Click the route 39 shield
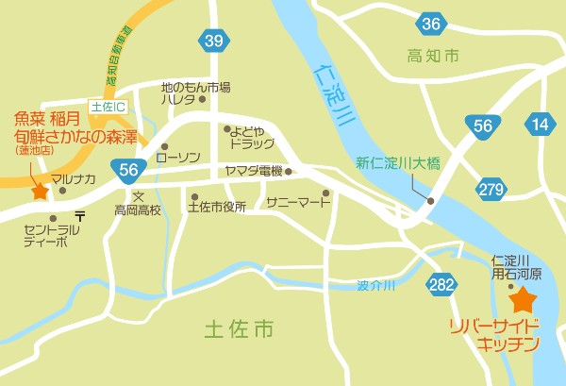[213, 40]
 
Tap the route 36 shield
[432, 25]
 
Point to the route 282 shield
[441, 287]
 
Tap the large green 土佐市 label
[240, 329]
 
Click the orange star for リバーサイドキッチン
[523, 302]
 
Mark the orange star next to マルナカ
[40, 191]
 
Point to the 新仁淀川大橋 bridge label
[391, 163]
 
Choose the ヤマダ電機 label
[253, 171]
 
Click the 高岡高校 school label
[139, 209]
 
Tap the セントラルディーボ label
[46, 236]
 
